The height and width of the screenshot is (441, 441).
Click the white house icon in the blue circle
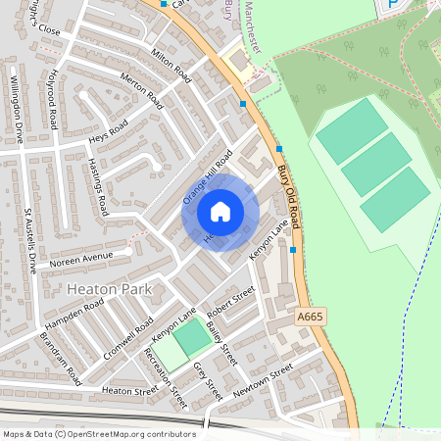click(220, 212)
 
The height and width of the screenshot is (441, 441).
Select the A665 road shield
click(309, 317)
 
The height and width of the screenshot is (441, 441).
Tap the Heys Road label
click(108, 132)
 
